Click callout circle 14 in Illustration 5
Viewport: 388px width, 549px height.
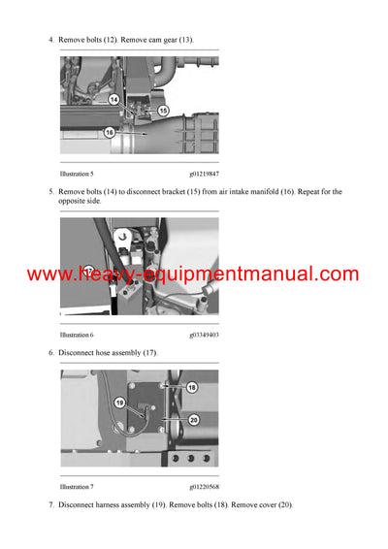113,99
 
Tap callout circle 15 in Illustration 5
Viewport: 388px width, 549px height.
163,112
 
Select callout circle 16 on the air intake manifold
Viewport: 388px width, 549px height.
109,131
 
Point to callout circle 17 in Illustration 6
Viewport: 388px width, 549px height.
89,271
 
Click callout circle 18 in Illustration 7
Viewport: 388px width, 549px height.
192,387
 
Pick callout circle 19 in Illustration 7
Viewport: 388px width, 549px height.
119,401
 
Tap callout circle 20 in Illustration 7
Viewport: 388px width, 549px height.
193,419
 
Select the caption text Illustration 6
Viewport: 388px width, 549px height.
77,334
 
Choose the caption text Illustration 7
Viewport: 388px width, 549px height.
77,487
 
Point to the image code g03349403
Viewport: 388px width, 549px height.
198,334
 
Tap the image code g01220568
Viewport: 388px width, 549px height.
198,487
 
